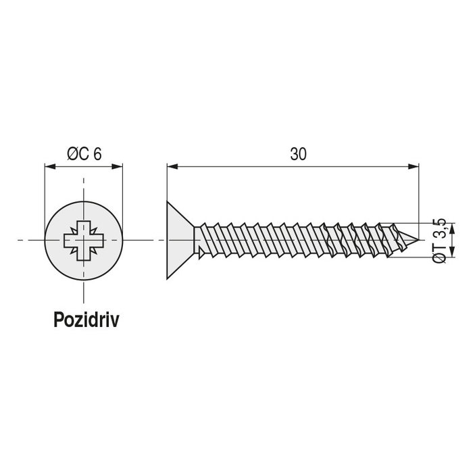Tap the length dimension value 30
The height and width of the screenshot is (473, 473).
click(x=298, y=154)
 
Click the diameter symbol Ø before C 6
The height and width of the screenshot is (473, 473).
click(x=72, y=154)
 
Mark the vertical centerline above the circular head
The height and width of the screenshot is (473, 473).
click(x=84, y=189)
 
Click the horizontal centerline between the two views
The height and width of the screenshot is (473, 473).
click(x=143, y=240)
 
